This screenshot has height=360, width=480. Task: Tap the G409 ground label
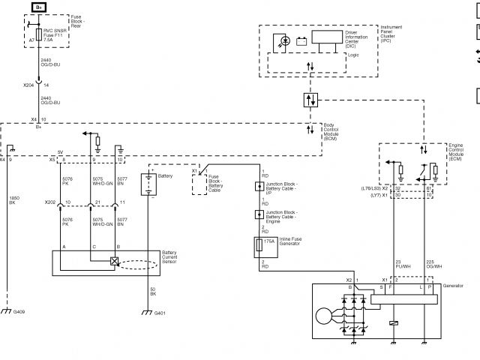tap(19, 311)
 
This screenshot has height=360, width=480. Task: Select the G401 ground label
tap(160, 312)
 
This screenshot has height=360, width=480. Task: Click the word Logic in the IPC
tap(352, 55)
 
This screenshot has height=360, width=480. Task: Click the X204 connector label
tap(29, 85)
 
